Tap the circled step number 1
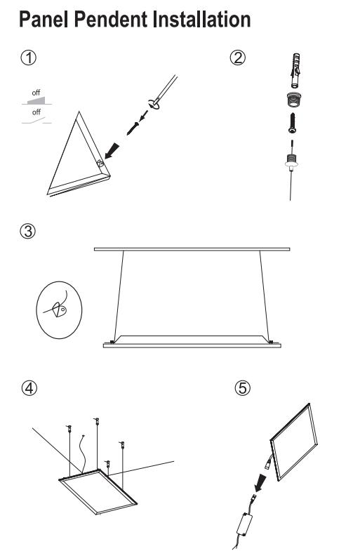point(29,58)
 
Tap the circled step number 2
point(238,58)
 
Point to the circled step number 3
point(28,231)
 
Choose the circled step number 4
point(29,388)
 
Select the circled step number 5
point(243,388)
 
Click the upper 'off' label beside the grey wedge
point(36,93)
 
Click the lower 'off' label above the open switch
point(36,112)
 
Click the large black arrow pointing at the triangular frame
point(112,151)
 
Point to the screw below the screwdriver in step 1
point(133,128)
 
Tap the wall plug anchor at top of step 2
point(295,70)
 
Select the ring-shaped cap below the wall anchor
point(294,100)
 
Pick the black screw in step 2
point(292,123)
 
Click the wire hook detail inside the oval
point(59,309)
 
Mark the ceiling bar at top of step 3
point(192,249)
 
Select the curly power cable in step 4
point(84,454)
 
